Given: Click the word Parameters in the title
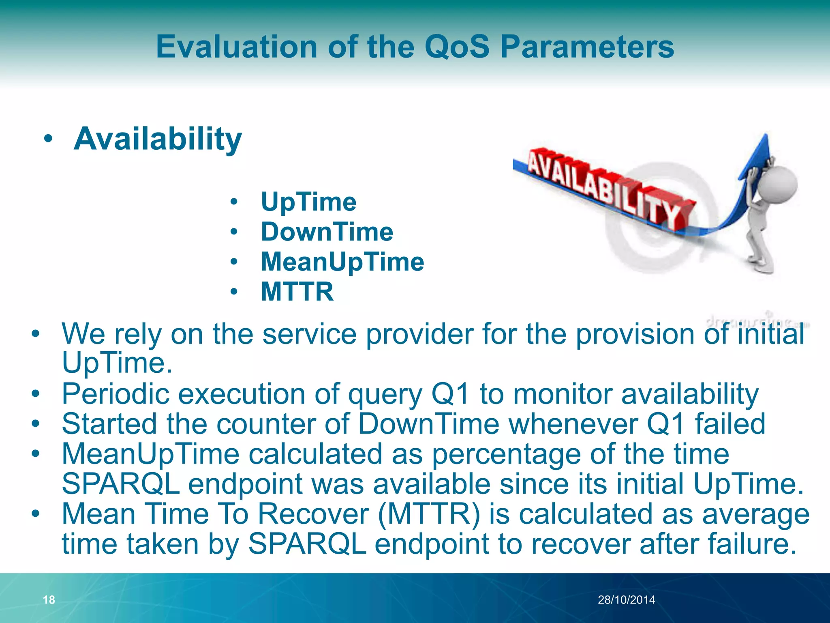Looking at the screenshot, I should (587, 47).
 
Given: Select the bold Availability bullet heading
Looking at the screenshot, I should (158, 139).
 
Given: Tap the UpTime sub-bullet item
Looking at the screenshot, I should (308, 202).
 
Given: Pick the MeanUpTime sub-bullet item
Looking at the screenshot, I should (342, 262).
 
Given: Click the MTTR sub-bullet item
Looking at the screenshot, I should (297, 291).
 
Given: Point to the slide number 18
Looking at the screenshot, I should (49, 599).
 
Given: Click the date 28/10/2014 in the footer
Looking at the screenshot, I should (626, 599).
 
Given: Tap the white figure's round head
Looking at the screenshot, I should (777, 185).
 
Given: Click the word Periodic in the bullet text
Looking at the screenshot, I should (115, 394).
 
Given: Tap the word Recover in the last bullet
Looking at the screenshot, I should (313, 514).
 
